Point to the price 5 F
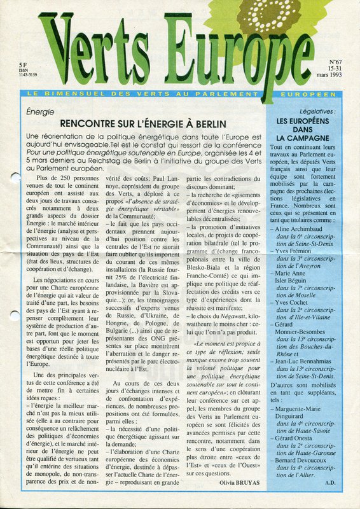click(24, 65)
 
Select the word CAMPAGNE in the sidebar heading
click(303, 137)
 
